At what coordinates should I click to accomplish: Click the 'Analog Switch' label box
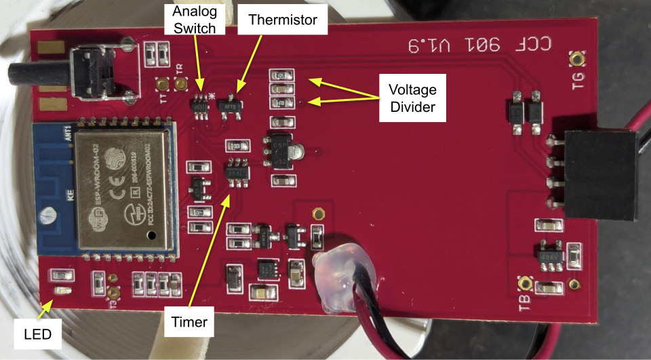(195, 20)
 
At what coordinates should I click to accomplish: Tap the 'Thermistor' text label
(283, 20)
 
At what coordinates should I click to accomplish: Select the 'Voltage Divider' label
(412, 98)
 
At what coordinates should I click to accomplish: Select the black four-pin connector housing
(601, 175)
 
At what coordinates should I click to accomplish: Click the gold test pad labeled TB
(524, 284)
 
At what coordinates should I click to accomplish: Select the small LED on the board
(63, 292)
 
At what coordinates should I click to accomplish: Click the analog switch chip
(199, 106)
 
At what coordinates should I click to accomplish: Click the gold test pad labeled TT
(163, 84)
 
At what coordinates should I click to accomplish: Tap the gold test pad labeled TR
(180, 84)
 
